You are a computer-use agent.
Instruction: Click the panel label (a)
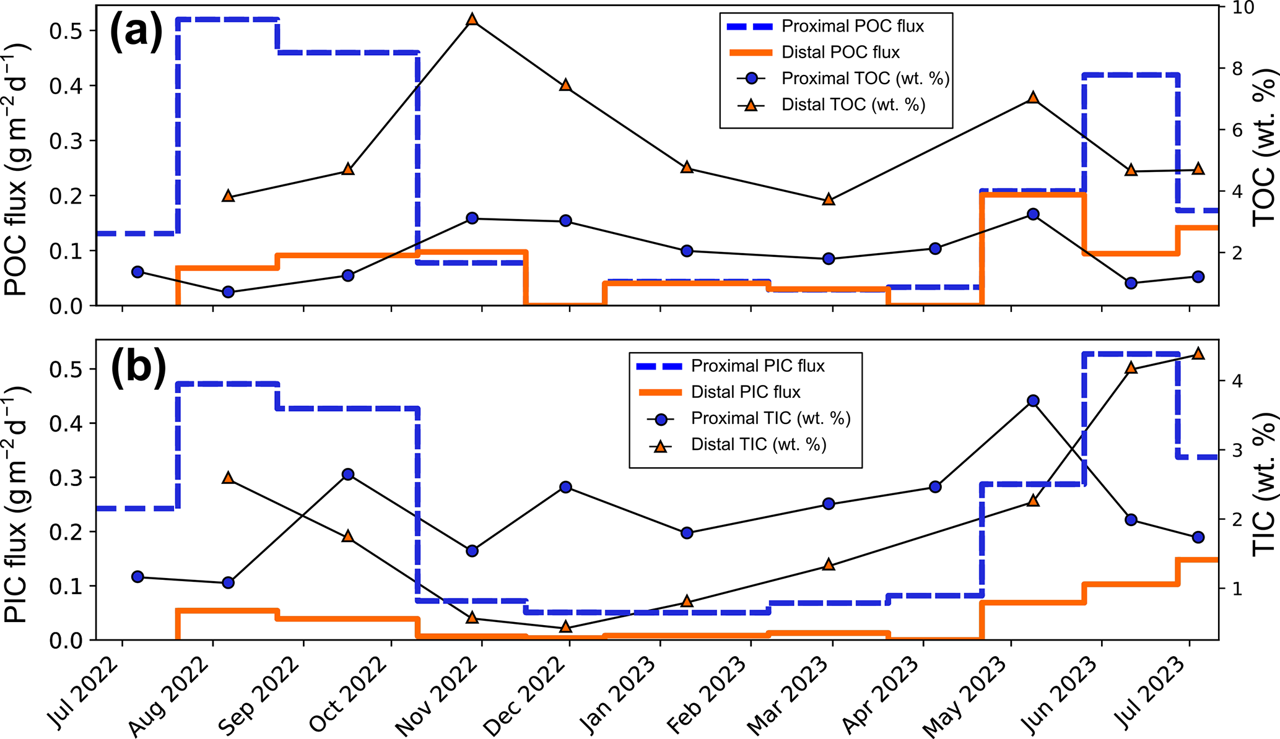click(x=136, y=33)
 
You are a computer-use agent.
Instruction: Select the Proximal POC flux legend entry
click(x=852, y=26)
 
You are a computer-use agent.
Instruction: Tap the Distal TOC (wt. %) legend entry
click(x=853, y=105)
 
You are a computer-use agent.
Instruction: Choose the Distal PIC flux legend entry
click(x=746, y=392)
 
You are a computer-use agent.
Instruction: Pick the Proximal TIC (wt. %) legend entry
click(x=770, y=418)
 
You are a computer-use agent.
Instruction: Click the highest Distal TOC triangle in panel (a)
click(x=472, y=20)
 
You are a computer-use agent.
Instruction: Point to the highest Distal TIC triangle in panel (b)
click(x=1198, y=353)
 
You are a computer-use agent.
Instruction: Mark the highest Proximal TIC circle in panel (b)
click(x=1032, y=400)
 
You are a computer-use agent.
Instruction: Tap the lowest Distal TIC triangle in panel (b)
click(x=565, y=627)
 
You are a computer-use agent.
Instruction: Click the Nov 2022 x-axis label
click(x=437, y=697)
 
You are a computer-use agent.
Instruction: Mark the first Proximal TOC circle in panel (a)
click(x=137, y=272)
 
